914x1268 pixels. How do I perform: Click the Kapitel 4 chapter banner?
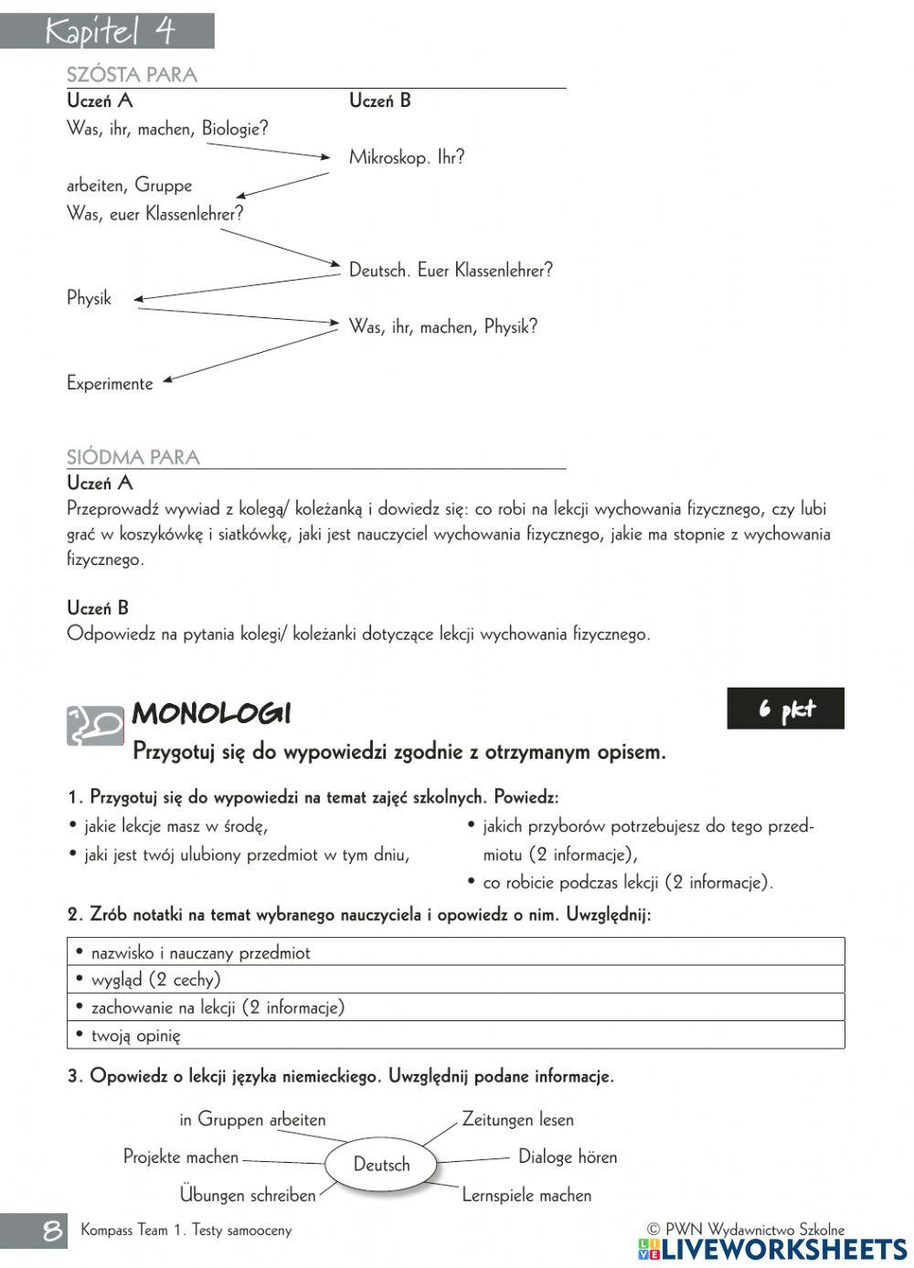107,32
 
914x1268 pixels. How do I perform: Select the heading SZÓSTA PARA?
132,75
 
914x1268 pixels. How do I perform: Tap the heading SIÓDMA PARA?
133,457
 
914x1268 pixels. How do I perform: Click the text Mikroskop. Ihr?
407,157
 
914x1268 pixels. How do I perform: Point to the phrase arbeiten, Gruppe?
129,186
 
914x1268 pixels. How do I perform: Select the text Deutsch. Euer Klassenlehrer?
451,271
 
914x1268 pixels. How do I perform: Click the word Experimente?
110,384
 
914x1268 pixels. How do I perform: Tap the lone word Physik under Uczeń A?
89,299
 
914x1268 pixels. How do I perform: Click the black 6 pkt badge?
785,709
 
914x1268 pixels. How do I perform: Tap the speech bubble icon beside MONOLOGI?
94,726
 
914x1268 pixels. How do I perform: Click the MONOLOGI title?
211,713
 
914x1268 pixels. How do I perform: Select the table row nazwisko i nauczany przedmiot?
455,952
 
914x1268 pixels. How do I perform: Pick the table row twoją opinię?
455,1035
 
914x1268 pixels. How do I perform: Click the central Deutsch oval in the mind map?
381,1165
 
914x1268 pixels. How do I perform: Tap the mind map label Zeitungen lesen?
517,1119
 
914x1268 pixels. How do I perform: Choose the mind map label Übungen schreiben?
247,1195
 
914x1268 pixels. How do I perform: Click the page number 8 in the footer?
53,1231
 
